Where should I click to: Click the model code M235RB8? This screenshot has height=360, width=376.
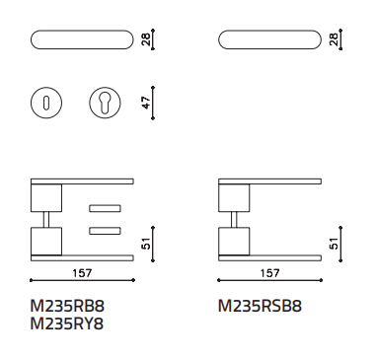tap(67, 306)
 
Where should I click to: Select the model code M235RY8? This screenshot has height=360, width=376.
tap(67, 324)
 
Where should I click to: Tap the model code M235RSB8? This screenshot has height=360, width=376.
tap(260, 306)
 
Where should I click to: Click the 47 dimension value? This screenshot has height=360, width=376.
tap(147, 103)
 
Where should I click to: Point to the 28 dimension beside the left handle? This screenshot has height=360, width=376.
tap(147, 39)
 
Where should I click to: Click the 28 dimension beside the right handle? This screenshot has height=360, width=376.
tap(334, 39)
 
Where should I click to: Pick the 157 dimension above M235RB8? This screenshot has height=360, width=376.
tap(82, 273)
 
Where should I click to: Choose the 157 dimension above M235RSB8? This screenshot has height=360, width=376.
tap(270, 273)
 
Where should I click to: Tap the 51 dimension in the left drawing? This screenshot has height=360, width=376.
tap(147, 244)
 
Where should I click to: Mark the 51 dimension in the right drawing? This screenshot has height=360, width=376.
tap(334, 244)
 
